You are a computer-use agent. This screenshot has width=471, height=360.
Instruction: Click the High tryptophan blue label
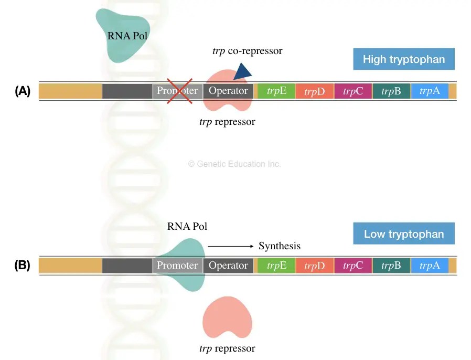403,59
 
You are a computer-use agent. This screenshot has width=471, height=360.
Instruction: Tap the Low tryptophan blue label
403,234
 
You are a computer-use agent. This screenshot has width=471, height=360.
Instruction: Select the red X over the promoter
179,90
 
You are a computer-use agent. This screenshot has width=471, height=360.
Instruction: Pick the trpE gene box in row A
276,91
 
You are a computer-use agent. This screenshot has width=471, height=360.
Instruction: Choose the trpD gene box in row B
315,266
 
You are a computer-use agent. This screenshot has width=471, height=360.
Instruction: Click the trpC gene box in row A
353,91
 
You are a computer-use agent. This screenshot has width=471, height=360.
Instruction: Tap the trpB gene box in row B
391,266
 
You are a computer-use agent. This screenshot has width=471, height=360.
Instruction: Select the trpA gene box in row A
430,91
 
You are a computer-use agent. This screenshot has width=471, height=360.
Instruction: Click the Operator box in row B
228,266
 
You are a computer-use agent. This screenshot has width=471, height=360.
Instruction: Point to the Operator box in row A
228,91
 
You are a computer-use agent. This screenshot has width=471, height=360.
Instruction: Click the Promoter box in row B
177,266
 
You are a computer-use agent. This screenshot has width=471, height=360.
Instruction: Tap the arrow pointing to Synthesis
231,246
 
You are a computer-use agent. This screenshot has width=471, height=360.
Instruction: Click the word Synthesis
280,246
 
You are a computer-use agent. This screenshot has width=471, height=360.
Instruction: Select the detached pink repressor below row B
228,319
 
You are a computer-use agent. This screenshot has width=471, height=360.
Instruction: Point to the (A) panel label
23,91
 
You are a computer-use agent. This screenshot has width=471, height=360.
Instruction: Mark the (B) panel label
23,266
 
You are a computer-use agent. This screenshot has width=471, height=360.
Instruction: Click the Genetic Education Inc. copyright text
234,164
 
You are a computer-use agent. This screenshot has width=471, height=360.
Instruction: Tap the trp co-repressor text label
247,51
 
